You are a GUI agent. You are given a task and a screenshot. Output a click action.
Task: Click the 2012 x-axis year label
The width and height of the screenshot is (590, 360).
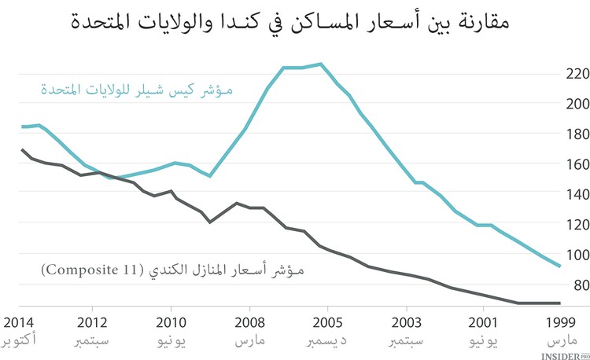pos(93,322)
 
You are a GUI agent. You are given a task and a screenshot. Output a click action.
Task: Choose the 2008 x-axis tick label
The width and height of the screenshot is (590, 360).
pos(249,322)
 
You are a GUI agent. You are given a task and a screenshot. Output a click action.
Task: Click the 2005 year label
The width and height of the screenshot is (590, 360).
pos(327,322)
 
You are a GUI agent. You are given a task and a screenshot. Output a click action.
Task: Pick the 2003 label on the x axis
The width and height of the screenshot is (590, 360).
pos(405,322)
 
